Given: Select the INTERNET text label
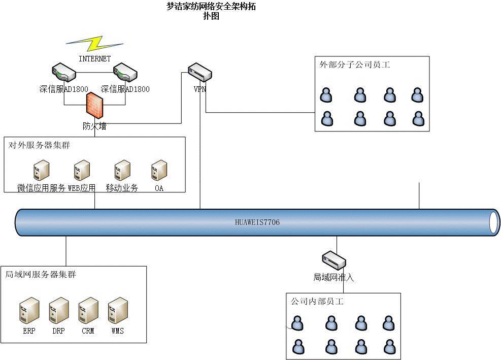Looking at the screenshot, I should (94, 59).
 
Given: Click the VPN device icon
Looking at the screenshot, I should (199, 73).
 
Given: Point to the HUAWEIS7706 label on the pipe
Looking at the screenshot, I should (257, 222).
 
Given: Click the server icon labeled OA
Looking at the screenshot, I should (159, 171).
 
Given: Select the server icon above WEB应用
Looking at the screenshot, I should (82, 171).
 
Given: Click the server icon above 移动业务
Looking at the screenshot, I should (122, 171).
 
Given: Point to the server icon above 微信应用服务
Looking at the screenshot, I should (41, 171).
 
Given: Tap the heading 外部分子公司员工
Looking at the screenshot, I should (355, 64).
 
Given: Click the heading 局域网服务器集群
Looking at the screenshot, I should (41, 274).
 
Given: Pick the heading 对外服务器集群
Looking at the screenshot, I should (39, 145).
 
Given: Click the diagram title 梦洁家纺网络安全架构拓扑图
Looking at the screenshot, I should (211, 11).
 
